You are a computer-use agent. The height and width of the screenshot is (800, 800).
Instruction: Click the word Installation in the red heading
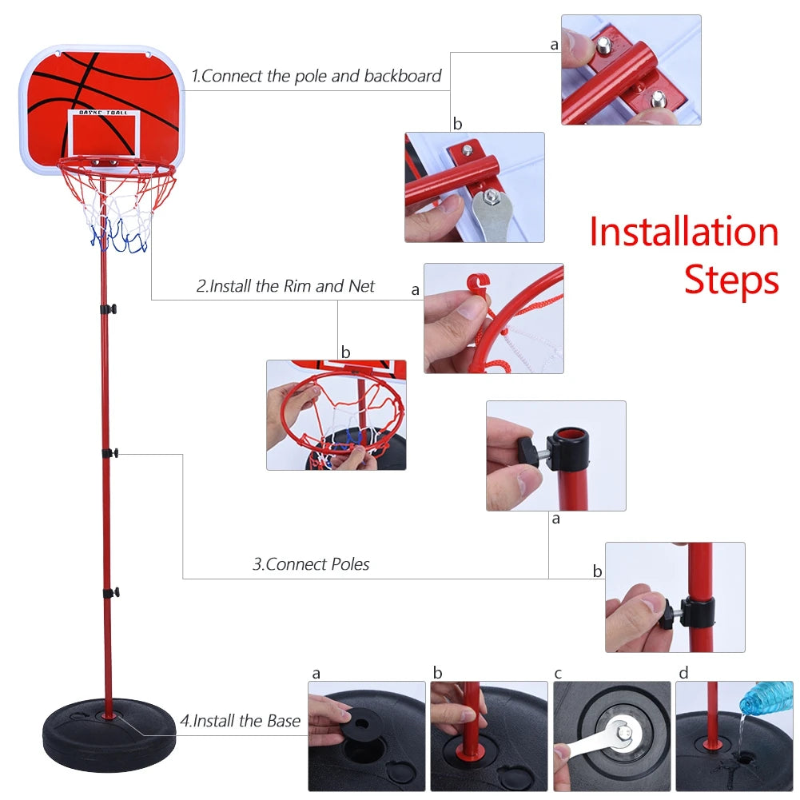pyautogui.click(x=683, y=232)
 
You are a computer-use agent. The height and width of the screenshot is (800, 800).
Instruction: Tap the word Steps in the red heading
pyautogui.click(x=731, y=280)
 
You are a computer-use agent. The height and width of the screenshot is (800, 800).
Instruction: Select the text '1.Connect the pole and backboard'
pyautogui.click(x=316, y=77)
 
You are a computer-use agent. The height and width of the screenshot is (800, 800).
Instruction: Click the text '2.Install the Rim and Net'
pyautogui.click(x=285, y=286)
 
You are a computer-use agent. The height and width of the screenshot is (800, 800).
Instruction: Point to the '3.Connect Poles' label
pyautogui.click(x=311, y=564)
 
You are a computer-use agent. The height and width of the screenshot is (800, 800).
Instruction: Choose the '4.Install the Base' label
pyautogui.click(x=240, y=721)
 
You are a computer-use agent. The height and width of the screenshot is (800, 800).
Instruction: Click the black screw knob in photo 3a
pyautogui.click(x=528, y=445)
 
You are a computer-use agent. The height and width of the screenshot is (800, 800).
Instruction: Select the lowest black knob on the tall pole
pyautogui.click(x=111, y=593)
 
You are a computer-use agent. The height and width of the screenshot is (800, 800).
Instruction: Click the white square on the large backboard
pyautogui.click(x=105, y=133)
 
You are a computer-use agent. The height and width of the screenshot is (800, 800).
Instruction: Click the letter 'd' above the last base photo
pyautogui.click(x=683, y=674)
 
